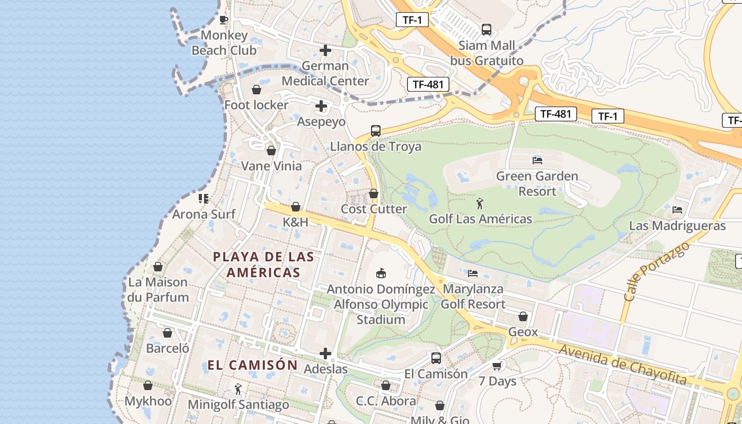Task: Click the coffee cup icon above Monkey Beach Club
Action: point(224,20)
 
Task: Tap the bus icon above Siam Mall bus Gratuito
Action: point(486,30)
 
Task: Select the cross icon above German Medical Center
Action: point(325,51)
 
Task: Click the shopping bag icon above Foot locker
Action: point(256,90)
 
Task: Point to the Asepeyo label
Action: point(321,121)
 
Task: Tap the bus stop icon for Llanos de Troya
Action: point(376,130)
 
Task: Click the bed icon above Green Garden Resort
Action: point(537,160)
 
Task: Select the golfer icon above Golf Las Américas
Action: point(480,203)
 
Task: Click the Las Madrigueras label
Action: point(677,226)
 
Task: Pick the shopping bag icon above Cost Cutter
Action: point(374,193)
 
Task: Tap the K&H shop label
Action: point(295,222)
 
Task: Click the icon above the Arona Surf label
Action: point(204,199)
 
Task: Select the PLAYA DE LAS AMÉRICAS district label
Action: point(263,264)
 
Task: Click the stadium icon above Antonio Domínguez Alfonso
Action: point(381,273)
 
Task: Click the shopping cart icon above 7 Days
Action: point(497,366)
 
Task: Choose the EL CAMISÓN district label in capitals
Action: point(252,365)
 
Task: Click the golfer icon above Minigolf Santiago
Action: point(238,390)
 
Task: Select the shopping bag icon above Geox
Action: point(523,316)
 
